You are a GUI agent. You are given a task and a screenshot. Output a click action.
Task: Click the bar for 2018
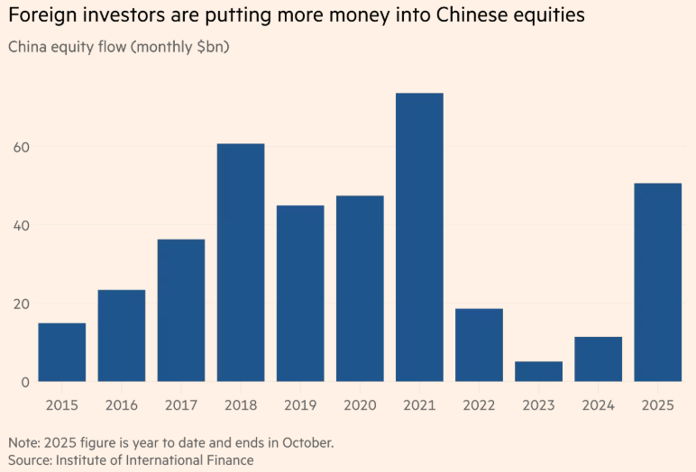coord(241,262)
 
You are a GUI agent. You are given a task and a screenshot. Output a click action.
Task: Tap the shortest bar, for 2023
coord(538,371)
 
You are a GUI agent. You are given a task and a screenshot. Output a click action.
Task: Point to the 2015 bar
coord(62,351)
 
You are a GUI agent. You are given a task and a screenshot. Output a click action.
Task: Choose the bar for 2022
coord(479,345)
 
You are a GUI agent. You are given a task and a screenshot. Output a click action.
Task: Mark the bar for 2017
coord(181,310)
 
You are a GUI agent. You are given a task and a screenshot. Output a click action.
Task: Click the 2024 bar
coord(598,359)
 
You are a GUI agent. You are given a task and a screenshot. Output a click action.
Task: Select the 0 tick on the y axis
coord(24,382)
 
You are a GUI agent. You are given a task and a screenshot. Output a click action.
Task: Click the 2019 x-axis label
coord(300,405)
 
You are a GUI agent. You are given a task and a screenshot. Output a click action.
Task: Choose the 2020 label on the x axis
coord(360,405)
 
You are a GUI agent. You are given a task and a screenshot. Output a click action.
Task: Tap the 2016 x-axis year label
coord(122,405)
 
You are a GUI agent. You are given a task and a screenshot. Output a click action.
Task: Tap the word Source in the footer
coord(29,459)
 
